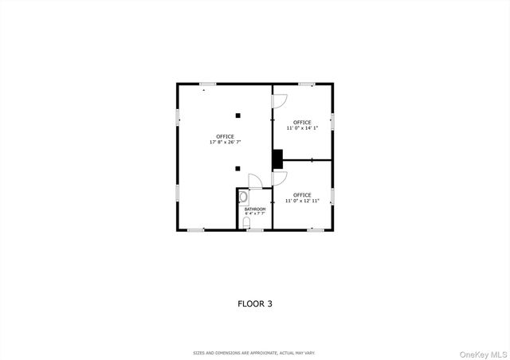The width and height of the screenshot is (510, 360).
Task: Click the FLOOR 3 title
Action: click(255, 303)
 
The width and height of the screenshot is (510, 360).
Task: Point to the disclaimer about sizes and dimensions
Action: click(255, 352)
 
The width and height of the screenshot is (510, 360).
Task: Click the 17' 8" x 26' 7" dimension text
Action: click(226, 142)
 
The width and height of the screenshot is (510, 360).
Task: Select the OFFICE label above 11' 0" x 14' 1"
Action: click(302, 122)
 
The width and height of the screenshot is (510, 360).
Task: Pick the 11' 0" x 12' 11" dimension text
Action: click(302, 200)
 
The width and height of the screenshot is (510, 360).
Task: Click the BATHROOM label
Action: click(255, 209)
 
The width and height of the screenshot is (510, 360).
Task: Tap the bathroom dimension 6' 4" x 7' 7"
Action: click(255, 213)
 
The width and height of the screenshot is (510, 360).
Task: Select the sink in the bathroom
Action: click(243, 195)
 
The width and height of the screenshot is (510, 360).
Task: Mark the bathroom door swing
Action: click(253, 182)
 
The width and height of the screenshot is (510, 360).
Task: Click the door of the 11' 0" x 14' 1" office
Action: click(279, 100)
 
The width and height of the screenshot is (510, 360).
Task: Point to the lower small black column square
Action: click(237, 168)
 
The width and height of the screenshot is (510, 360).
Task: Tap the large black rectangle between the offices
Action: click(277, 159)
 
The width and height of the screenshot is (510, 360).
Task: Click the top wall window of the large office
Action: click(208, 84)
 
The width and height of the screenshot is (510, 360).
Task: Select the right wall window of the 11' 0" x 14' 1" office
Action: click(332, 120)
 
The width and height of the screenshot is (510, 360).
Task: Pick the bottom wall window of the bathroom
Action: click(255, 229)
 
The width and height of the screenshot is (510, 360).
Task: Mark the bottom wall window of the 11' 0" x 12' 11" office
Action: click(316, 229)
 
